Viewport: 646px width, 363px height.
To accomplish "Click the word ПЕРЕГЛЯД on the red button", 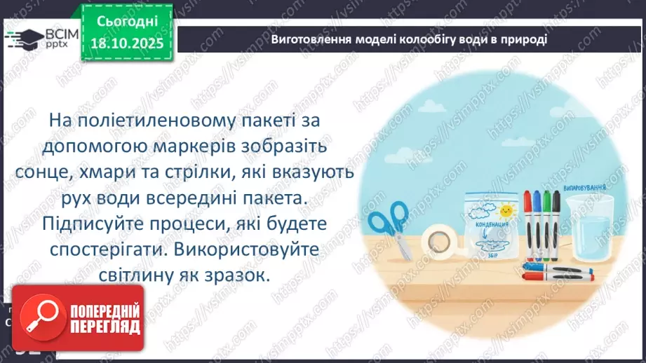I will (104, 327).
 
